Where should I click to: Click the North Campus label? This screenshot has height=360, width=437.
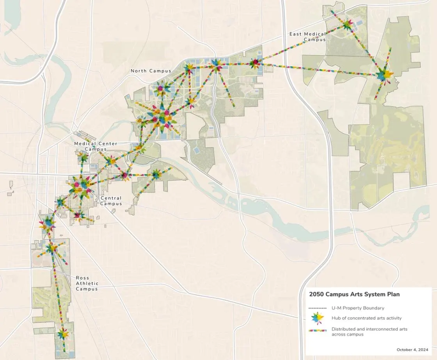pos(151,71)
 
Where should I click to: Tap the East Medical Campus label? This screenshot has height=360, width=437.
pos(307,37)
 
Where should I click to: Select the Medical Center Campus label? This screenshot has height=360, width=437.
pos(96,146)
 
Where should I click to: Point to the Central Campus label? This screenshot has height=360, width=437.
pos(111,201)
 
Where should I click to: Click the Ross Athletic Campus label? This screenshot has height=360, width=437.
pos(87,284)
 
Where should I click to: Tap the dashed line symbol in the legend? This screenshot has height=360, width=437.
pos(317,308)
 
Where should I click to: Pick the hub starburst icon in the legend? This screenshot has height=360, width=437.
pos(318,318)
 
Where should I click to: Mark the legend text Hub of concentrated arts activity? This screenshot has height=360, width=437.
pos(366,318)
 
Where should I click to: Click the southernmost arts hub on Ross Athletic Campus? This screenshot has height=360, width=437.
pos(62,334)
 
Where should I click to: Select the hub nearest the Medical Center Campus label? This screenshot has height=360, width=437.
pos(83,158)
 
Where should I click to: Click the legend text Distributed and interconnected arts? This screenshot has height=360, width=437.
pos(369,329)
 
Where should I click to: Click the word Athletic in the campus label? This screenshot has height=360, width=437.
pos(87,284)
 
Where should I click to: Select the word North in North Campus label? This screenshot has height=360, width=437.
pos(138,71)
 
